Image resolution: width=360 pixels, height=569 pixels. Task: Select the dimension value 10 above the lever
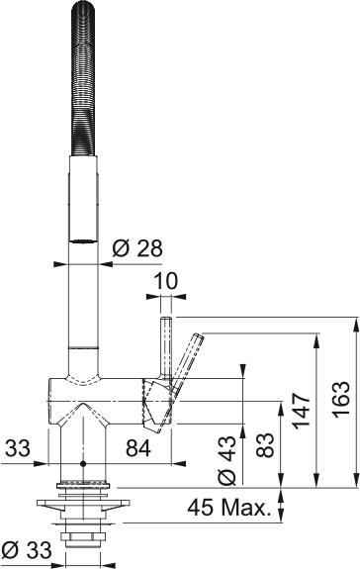click(167, 282)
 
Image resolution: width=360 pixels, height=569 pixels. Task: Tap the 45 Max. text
click(229, 510)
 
